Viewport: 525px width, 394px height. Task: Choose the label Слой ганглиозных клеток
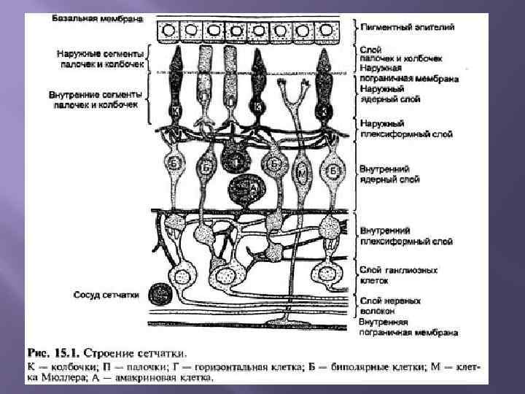[398, 274]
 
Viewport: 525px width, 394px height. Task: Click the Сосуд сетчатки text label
[107, 295]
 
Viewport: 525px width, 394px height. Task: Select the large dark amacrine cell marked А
[244, 189]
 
